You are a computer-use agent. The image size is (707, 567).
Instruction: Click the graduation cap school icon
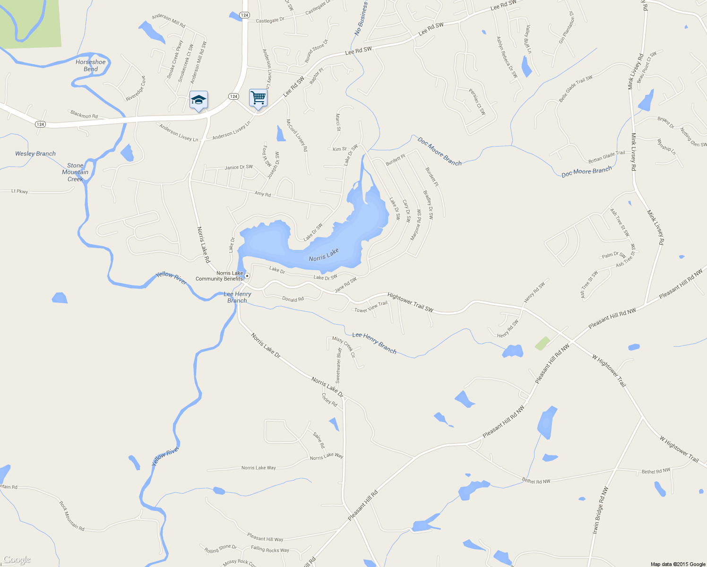coord(198,100)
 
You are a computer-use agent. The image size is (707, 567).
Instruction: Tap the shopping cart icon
coord(258,98)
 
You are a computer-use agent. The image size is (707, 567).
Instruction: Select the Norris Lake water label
coord(324,255)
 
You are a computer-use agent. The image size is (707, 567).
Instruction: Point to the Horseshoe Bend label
coord(91,66)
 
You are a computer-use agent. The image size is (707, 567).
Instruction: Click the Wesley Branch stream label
coord(35,154)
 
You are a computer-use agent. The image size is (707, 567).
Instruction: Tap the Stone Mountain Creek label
coord(75,172)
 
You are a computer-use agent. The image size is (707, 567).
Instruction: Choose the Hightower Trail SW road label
coord(410,302)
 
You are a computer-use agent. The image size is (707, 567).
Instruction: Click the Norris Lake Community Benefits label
coord(220,276)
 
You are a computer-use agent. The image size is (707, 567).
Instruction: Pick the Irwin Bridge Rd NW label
coord(600,511)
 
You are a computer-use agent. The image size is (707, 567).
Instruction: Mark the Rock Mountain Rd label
coord(71,515)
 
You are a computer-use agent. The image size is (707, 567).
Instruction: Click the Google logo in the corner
coord(17,560)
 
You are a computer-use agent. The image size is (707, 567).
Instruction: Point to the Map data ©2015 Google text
coord(678,564)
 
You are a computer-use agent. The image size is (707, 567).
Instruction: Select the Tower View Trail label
coord(371,307)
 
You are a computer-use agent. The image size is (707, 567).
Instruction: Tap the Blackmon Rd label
coord(84,115)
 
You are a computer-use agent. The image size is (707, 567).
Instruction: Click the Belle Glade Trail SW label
coord(576,89)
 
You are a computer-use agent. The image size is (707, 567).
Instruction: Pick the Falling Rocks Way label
coord(270,549)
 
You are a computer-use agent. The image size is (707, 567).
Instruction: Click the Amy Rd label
coord(263,194)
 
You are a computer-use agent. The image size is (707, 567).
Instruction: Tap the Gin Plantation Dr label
coord(566,28)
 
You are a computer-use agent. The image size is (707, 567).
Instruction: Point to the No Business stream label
coord(361,19)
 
